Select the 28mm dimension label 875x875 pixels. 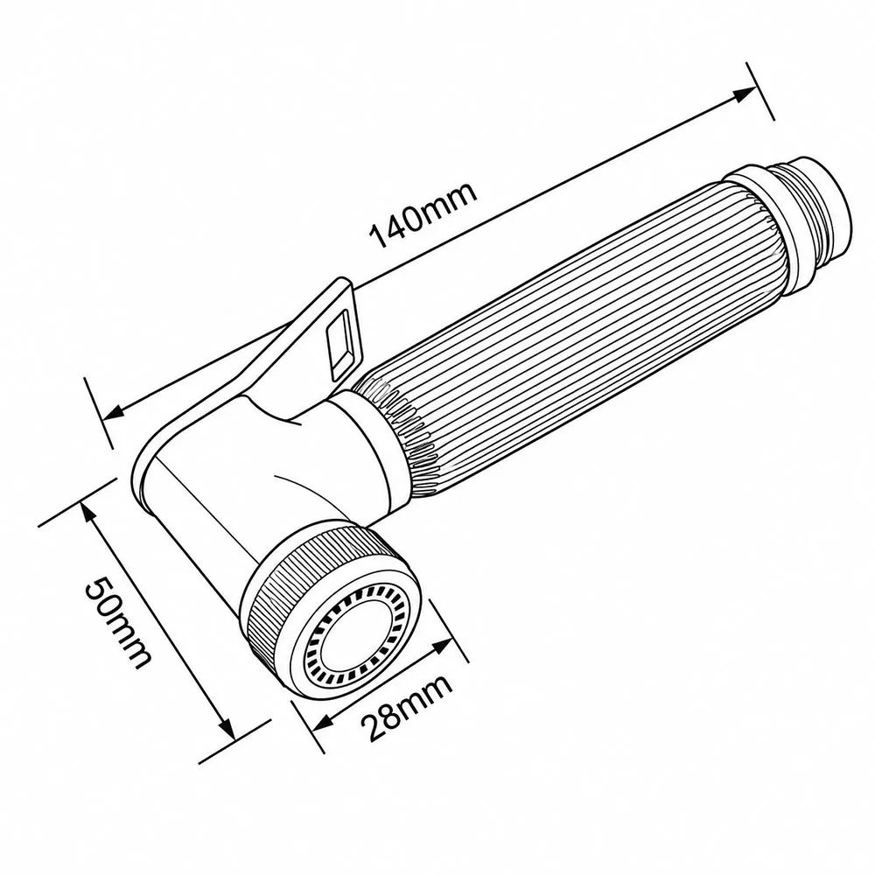[x=406, y=708]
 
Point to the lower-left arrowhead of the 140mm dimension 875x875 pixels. [x=115, y=412]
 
